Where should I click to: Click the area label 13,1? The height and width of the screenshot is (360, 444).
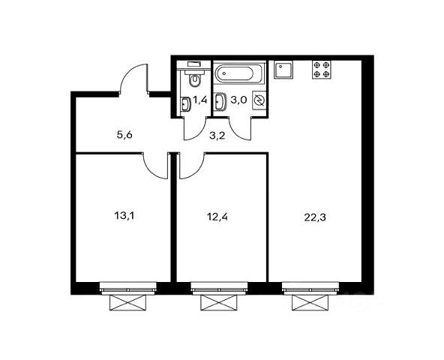point(124,216)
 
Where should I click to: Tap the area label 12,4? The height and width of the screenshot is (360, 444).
point(217,217)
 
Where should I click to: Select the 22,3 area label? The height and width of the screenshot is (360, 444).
point(315,217)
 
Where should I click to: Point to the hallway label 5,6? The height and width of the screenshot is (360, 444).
point(124,135)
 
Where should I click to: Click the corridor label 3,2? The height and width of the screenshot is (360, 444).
point(217,136)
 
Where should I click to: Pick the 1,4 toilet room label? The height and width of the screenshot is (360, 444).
point(200,100)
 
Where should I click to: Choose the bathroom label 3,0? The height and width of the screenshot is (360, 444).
point(238,100)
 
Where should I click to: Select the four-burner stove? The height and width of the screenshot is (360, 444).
point(322,70)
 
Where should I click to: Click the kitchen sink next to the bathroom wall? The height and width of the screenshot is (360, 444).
point(283,70)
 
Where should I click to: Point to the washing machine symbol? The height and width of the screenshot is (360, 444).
point(259,100)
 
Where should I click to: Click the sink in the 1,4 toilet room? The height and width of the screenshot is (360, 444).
point(185,104)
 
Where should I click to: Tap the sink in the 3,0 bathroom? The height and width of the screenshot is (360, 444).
point(220,101)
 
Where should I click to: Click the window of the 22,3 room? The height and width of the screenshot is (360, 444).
point(310,288)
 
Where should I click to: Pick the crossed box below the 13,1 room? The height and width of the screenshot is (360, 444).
point(128,302)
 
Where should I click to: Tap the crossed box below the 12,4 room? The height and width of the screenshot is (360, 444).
point(219,302)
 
